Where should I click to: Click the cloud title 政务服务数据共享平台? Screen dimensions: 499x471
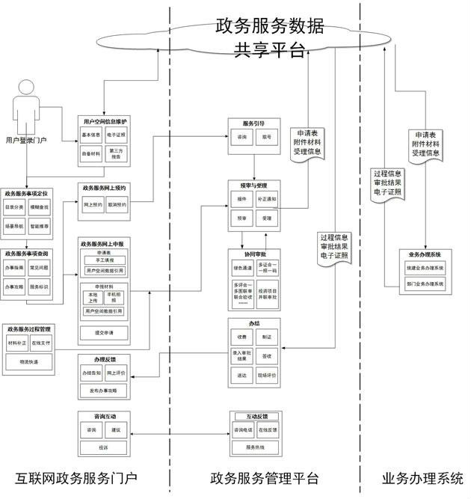[269, 38]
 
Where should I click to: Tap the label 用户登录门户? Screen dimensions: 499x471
[26, 140]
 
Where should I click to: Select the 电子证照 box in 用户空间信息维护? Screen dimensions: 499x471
[117, 135]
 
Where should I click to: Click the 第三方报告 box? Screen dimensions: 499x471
[117, 154]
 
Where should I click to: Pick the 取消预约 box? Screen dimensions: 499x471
[117, 204]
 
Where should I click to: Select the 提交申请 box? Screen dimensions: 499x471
[104, 331]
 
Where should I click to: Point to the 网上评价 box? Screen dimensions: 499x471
[117, 371]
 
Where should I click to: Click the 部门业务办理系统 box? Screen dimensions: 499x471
[425, 284]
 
